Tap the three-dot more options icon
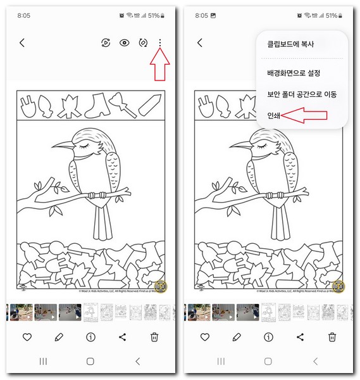click(x=161, y=42)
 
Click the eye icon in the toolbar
click(x=125, y=42)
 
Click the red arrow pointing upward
click(x=161, y=66)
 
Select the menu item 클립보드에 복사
click(x=290, y=44)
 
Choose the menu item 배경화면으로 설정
click(x=294, y=73)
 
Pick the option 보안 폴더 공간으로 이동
click(x=302, y=94)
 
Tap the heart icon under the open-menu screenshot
click(x=205, y=337)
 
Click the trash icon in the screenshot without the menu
click(x=154, y=337)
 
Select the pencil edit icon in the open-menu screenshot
click(x=237, y=337)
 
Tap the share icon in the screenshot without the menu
click(x=122, y=337)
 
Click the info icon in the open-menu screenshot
click(x=268, y=337)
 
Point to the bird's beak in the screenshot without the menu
click(x=61, y=146)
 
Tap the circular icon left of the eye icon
click(x=106, y=42)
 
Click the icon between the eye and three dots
click(x=143, y=42)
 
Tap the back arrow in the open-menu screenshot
click(x=200, y=42)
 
